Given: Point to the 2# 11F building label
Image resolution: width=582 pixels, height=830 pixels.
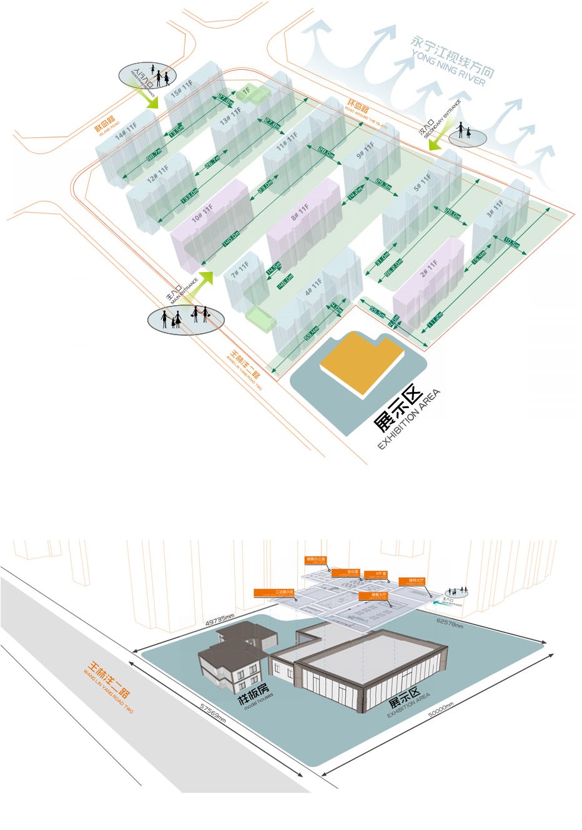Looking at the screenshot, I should pos(431,270).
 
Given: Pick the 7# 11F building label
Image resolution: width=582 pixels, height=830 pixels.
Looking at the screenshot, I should pos(240,270).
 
